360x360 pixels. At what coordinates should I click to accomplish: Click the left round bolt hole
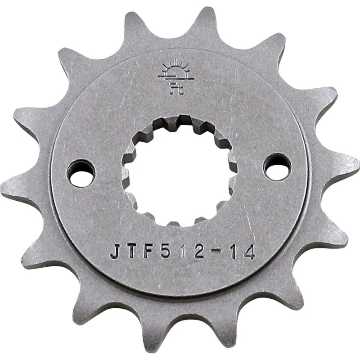(x=81, y=172)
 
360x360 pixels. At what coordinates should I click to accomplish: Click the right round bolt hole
(x=277, y=166)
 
